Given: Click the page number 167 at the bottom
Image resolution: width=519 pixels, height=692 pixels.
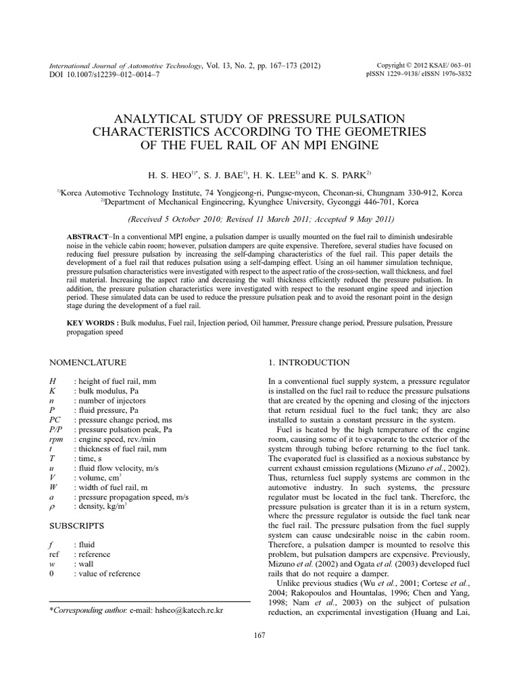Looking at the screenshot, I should [x=259, y=634].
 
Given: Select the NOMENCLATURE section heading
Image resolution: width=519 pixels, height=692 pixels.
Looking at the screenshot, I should [x=89, y=362].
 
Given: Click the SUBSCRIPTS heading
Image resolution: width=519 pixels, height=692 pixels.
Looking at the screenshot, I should [x=78, y=524].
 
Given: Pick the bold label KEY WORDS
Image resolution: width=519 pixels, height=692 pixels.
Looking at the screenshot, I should [x=90, y=323].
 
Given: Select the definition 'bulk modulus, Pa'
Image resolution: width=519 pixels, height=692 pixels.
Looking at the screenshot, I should [x=108, y=391].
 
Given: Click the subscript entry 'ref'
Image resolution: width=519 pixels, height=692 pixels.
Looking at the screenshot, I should [x=57, y=553].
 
